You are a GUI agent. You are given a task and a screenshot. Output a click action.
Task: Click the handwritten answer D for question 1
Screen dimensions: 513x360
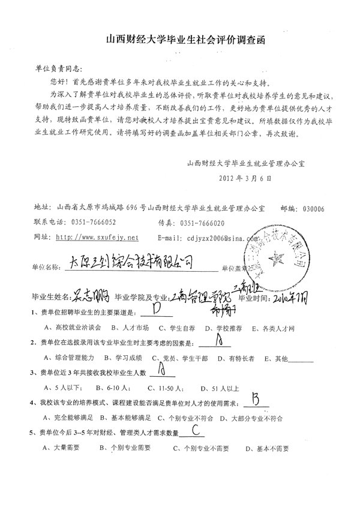[x=158, y=310]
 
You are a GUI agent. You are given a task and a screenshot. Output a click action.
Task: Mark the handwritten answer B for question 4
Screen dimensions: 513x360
[x=256, y=399]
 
